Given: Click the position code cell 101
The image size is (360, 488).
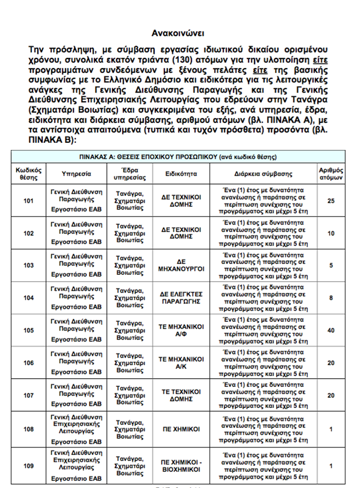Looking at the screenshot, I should click(28, 201).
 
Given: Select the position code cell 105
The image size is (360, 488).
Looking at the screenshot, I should click(28, 331).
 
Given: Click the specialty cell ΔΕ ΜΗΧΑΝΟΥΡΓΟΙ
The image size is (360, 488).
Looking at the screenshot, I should click(181, 266).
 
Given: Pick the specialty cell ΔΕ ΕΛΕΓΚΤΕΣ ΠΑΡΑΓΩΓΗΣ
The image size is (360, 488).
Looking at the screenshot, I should click(181, 298).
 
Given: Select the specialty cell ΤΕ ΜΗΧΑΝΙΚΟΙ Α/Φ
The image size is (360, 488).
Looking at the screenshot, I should click(181, 331).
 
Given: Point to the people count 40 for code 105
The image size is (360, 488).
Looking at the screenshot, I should click(331, 331).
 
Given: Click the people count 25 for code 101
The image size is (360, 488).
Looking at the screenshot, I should click(331, 201).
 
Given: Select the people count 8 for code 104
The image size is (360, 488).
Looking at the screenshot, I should click(331, 298).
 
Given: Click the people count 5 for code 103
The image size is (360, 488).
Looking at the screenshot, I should click(331, 266).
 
